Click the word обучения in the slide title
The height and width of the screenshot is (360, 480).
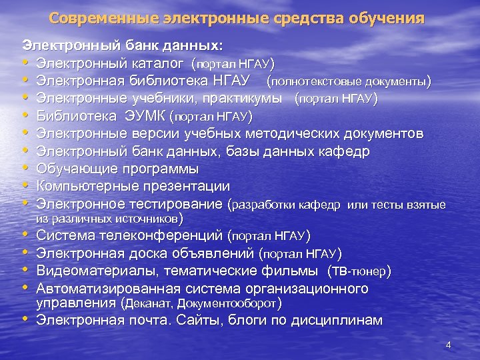(385, 19)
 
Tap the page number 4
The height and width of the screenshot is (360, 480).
(448, 345)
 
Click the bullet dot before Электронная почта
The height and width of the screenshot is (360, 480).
(26, 320)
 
